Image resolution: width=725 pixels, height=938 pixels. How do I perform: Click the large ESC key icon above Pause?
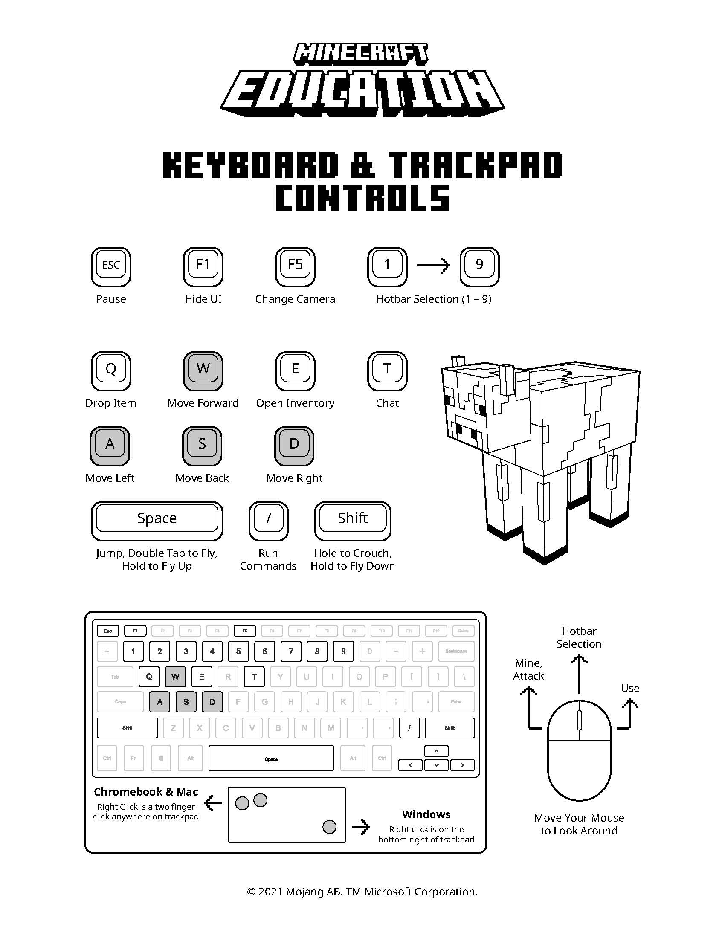(111, 266)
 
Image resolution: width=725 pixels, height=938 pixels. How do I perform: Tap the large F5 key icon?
(295, 266)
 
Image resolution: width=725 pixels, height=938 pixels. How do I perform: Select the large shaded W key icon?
(203, 370)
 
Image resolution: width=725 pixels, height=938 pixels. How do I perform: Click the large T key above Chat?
(387, 370)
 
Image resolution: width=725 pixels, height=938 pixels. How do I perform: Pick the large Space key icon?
(157, 520)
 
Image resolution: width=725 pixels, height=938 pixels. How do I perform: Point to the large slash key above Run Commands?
(268, 520)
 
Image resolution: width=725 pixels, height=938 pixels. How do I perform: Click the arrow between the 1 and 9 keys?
(433, 266)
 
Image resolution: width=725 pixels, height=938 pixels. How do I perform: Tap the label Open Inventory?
(295, 403)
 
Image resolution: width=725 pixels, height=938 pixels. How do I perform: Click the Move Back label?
(202, 478)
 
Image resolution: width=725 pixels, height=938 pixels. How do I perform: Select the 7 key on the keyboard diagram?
(291, 651)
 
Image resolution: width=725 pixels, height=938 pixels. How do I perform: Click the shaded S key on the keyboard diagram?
(186, 702)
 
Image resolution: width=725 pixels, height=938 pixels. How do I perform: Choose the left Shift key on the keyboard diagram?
(127, 728)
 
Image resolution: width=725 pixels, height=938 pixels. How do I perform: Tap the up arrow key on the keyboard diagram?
(436, 751)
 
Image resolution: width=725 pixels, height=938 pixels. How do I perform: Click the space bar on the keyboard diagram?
(271, 758)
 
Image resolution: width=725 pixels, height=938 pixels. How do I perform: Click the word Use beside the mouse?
(630, 688)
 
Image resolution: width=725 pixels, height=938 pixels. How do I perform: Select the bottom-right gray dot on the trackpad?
(329, 827)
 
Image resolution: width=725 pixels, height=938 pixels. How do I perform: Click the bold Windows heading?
(426, 814)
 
